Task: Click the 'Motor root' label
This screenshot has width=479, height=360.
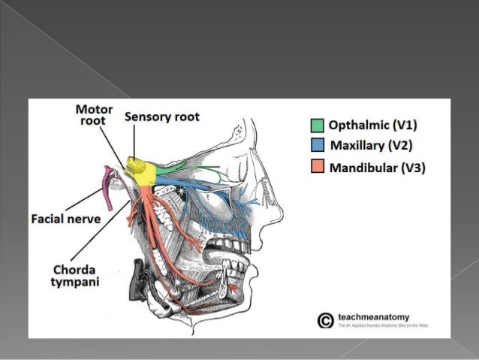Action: tap(94, 114)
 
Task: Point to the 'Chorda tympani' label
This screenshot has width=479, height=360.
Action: tap(74, 274)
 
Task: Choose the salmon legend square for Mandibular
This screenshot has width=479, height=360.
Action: tap(318, 167)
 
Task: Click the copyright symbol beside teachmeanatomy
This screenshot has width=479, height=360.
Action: tap(325, 321)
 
